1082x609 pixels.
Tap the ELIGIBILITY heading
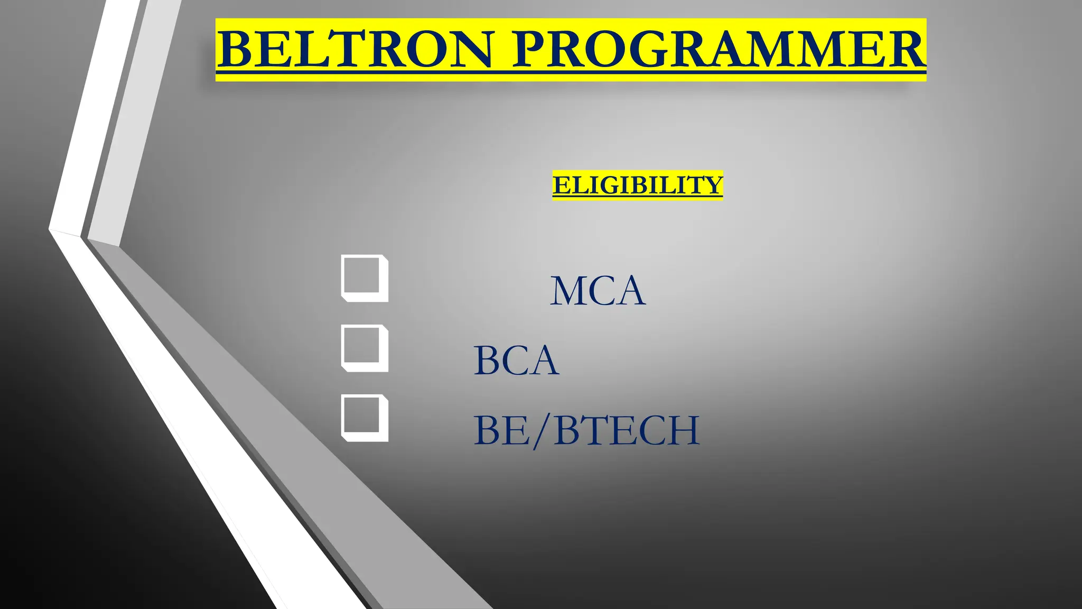(637, 185)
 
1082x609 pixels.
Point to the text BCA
(516, 360)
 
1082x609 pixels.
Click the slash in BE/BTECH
(543, 431)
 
